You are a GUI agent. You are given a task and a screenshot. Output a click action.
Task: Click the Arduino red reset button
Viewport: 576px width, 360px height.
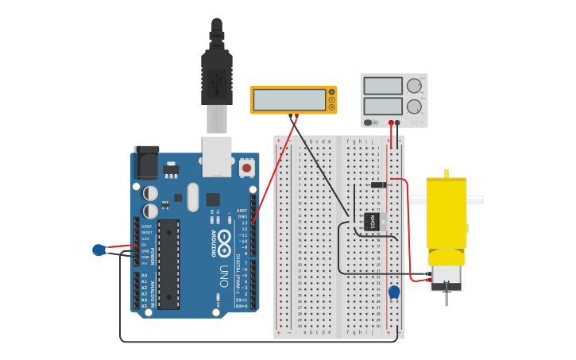coord(247,168)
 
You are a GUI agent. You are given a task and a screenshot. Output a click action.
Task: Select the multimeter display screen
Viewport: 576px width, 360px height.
coord(289,99)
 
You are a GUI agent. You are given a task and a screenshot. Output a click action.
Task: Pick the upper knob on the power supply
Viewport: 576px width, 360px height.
coord(414,85)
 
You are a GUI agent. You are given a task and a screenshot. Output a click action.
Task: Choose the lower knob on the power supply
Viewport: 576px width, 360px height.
coord(414,105)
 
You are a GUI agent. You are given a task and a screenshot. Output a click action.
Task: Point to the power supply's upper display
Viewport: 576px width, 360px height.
coord(383,86)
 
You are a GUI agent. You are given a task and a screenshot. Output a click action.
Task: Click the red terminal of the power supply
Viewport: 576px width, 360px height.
coord(391,123)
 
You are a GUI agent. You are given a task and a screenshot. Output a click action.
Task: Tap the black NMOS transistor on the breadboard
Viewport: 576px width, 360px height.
coord(374,222)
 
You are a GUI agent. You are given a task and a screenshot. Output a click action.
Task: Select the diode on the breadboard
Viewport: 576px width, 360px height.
coord(379,185)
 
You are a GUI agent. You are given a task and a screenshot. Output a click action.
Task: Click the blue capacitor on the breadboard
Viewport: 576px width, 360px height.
coord(394,292)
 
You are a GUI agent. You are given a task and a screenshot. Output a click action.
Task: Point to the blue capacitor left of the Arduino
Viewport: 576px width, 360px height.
coord(99,250)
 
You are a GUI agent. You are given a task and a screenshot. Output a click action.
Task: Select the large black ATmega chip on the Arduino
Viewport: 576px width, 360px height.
coord(168,264)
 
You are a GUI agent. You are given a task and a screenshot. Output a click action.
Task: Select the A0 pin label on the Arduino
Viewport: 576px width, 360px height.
coord(144,275)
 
